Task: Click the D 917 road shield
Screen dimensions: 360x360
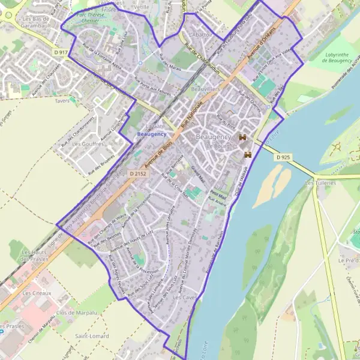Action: point(61,53)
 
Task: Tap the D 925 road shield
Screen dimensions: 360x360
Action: point(283,157)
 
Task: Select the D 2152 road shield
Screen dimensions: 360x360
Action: point(137,173)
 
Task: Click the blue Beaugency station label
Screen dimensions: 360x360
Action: point(152,134)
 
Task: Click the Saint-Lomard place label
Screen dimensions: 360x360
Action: point(92,336)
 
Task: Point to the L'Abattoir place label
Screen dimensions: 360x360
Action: point(199,35)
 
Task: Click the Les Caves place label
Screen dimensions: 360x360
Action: point(185,297)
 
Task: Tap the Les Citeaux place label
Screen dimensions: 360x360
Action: point(37,293)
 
